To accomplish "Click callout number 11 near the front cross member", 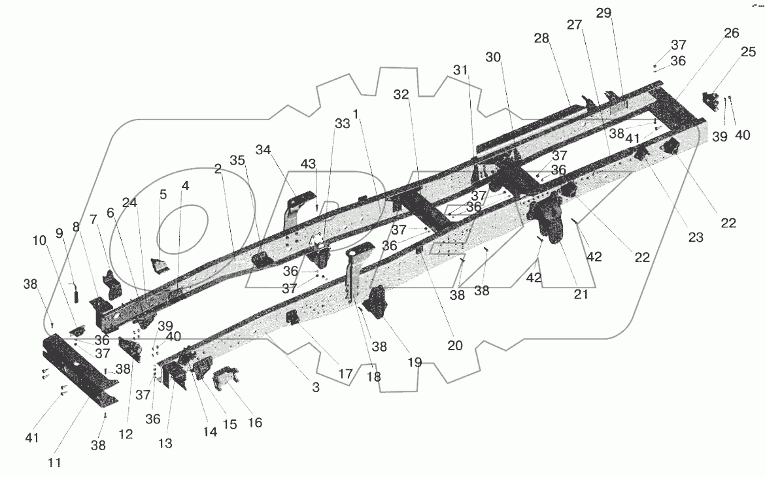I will tap(54, 463).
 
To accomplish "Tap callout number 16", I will tap(254, 423).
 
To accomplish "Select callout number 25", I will tap(747, 69).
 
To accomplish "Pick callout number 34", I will tap(263, 150).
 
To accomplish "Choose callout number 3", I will tap(315, 387).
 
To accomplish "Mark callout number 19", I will tap(415, 362).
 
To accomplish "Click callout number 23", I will tap(695, 238).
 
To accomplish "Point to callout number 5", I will tap(163, 194).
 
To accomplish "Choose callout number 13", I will tap(165, 444).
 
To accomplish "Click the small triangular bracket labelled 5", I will tap(158, 266).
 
